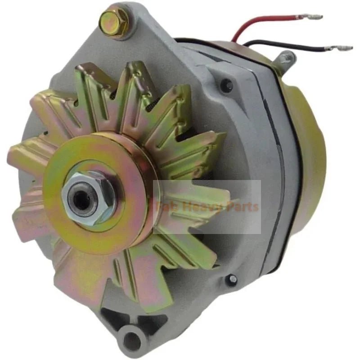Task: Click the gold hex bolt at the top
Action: pyautogui.click(x=111, y=19)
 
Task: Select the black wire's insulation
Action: pyautogui.click(x=288, y=46)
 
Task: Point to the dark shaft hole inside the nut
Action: pyautogui.click(x=82, y=200)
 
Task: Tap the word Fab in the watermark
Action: pyautogui.click(x=166, y=207)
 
